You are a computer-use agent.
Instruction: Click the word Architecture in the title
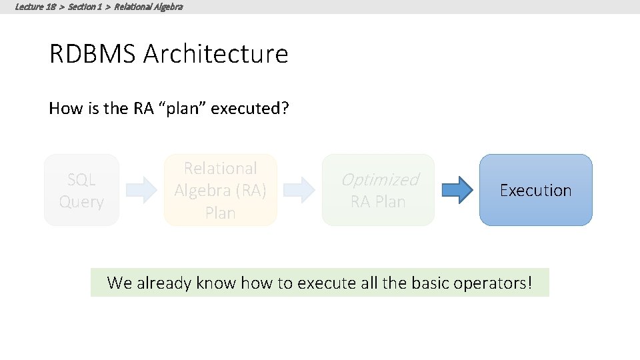click(215, 54)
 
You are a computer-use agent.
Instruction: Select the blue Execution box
click(535, 190)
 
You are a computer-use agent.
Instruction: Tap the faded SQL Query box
click(81, 190)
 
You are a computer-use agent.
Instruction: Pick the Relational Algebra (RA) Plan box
click(220, 190)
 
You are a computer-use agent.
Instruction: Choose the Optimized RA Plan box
click(378, 190)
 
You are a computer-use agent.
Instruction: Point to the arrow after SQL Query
click(141, 190)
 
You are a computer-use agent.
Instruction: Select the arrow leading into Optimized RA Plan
click(299, 190)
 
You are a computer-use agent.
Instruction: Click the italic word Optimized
click(379, 179)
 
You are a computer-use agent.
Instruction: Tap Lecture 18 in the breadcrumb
click(35, 7)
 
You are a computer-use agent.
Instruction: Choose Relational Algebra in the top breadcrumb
click(148, 7)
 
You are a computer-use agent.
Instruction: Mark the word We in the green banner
click(119, 283)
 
